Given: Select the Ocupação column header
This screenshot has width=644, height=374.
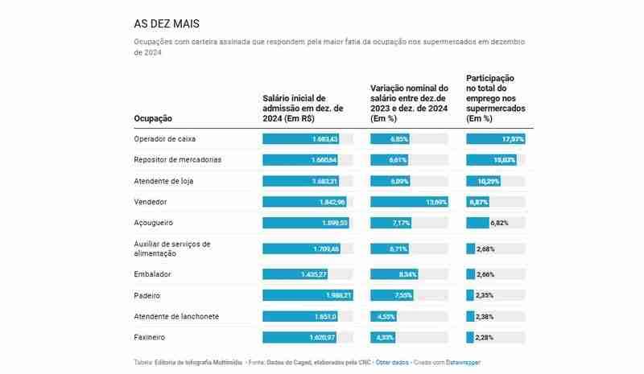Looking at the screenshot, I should pyautogui.click(x=153, y=118).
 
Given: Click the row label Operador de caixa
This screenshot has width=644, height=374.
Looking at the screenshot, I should pyautogui.click(x=164, y=138).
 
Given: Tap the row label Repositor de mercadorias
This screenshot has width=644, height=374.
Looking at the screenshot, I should pyautogui.click(x=177, y=159).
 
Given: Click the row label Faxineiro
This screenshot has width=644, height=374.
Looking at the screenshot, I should pyautogui.click(x=151, y=337).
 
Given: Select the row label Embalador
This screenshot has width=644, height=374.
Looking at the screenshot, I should pyautogui.click(x=152, y=274).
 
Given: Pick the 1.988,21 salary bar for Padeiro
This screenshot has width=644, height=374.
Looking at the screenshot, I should pyautogui.click(x=308, y=295).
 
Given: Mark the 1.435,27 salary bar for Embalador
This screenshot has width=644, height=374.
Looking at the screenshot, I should pyautogui.click(x=295, y=274).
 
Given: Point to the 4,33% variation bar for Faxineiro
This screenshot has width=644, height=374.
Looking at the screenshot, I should pyautogui.click(x=382, y=337).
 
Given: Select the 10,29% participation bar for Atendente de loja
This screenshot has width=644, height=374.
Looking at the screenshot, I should pyautogui.click(x=484, y=180).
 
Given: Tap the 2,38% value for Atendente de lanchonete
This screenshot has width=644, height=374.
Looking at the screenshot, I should pyautogui.click(x=485, y=316).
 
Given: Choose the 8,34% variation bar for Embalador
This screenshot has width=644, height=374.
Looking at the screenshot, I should pyautogui.click(x=394, y=274).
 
